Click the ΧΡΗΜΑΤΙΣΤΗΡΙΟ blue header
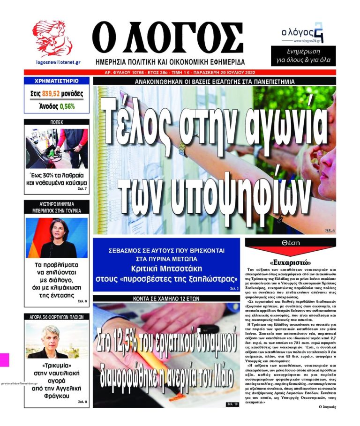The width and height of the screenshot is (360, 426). tap(56, 81)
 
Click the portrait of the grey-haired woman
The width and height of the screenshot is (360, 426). tap(56, 340)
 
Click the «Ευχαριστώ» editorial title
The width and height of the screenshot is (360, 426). tap(291, 262)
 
